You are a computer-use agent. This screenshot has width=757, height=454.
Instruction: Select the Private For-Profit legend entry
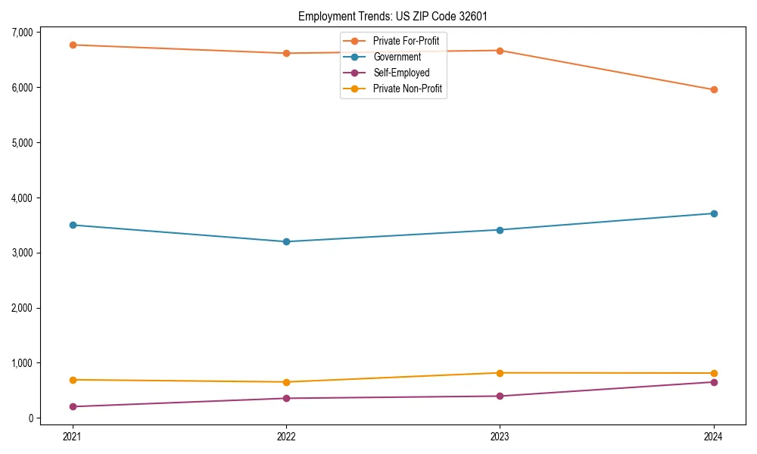(x=406, y=41)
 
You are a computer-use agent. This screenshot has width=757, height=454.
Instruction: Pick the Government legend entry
(x=397, y=57)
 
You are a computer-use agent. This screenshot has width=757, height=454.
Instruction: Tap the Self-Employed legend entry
(x=401, y=73)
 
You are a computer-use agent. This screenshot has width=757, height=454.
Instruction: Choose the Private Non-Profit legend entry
(x=407, y=89)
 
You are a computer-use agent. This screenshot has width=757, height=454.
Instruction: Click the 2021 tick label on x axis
(x=73, y=437)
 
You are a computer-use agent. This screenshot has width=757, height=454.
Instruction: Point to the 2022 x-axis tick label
(x=286, y=437)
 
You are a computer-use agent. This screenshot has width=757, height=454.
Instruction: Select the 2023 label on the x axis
(x=500, y=437)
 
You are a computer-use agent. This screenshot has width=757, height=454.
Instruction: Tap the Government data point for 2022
(x=286, y=242)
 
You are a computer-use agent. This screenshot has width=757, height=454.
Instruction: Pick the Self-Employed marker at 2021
(x=73, y=407)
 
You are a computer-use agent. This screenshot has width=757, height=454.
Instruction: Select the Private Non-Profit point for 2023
(x=500, y=373)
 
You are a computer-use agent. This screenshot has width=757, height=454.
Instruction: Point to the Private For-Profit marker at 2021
(x=73, y=45)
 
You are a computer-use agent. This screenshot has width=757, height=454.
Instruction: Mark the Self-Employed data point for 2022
(x=286, y=399)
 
